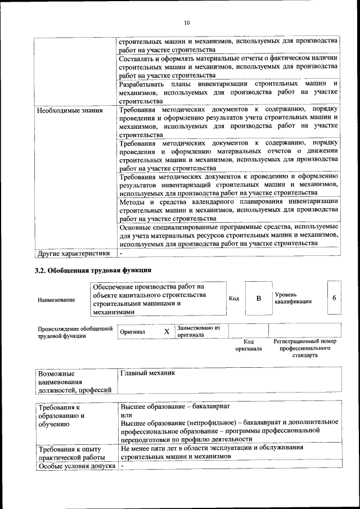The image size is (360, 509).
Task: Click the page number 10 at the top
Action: (186, 23)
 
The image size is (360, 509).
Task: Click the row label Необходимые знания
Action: (70, 110)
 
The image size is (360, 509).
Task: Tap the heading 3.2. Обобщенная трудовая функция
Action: (93, 271)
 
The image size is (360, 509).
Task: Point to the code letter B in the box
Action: (259, 298)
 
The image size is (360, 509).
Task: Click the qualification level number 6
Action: (334, 298)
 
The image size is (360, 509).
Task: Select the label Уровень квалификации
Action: (293, 298)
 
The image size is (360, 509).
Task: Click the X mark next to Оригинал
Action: (166, 332)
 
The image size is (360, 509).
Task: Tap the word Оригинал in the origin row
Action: (133, 332)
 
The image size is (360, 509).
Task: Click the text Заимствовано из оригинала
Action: (199, 331)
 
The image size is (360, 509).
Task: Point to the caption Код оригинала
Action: (249, 345)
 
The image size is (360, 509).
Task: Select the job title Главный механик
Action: (148, 373)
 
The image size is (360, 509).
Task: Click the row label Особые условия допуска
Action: (75, 466)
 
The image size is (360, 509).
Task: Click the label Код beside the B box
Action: (234, 298)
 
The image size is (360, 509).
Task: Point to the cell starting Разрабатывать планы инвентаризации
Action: (228, 92)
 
